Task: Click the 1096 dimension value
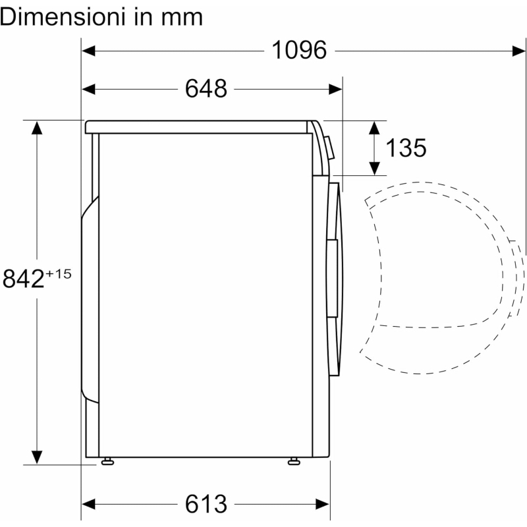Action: [x=300, y=50]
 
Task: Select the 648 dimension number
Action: [x=206, y=88]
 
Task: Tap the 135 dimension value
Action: [x=406, y=148]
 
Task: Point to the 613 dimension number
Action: [x=206, y=504]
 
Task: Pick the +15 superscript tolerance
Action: [x=59, y=273]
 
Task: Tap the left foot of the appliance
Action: [x=106, y=460]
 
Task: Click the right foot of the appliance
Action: [x=293, y=460]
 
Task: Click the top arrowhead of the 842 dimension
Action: [x=37, y=128]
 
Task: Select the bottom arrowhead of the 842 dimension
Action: [x=37, y=456]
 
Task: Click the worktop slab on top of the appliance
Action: [x=198, y=126]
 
